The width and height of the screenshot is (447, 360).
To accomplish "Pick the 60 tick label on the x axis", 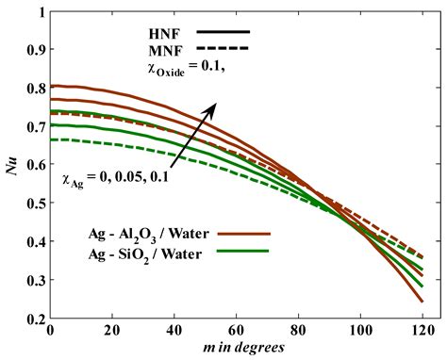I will [235, 333].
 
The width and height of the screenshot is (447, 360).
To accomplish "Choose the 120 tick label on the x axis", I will [421, 333].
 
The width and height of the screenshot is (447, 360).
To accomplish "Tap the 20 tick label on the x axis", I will [110, 333].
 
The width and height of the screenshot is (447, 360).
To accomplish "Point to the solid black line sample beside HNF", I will [223, 31].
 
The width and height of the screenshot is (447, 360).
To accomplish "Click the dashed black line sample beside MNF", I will [223, 48].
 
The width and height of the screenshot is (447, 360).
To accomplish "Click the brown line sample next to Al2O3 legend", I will [243, 231].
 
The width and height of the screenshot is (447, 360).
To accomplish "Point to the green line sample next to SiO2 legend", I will [243, 251].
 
